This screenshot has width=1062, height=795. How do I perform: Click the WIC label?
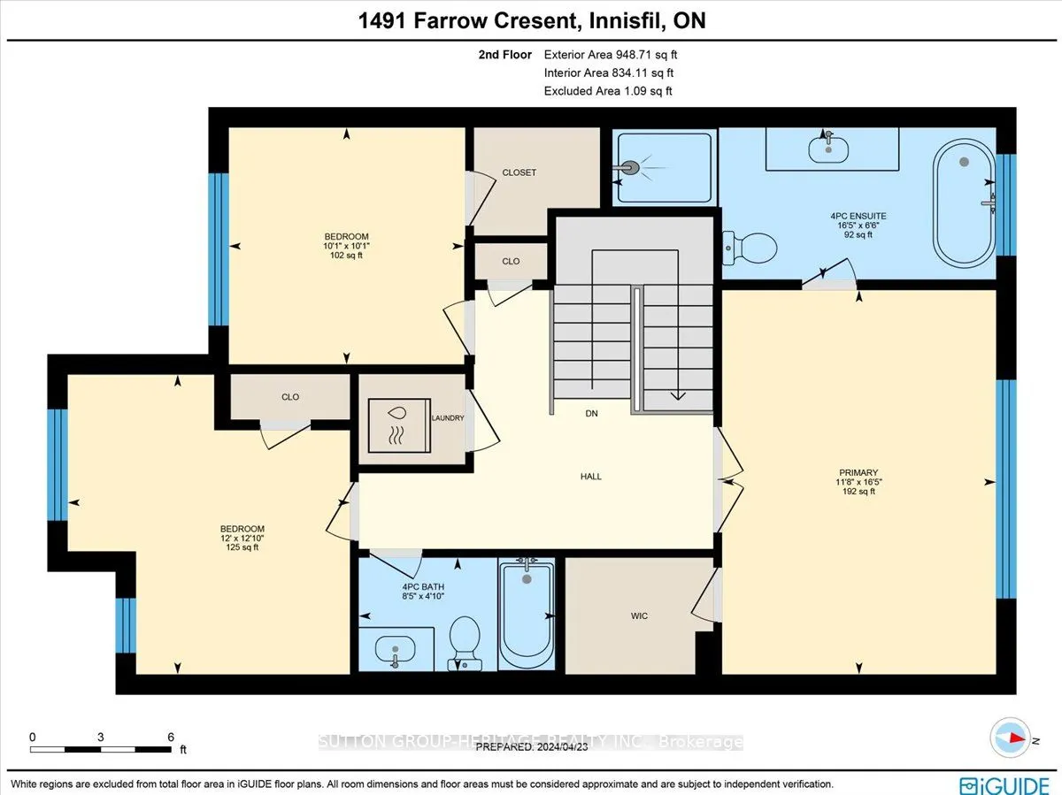(639, 615)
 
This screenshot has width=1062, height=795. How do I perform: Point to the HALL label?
(590, 477)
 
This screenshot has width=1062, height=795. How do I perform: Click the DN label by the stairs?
(592, 413)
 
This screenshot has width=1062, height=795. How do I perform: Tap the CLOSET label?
(519, 172)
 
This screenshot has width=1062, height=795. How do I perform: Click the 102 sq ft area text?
(346, 256)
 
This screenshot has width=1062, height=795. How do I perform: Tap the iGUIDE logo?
(1004, 784)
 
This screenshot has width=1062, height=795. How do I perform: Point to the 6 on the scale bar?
(170, 737)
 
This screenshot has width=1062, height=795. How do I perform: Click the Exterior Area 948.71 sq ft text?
(610, 54)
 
